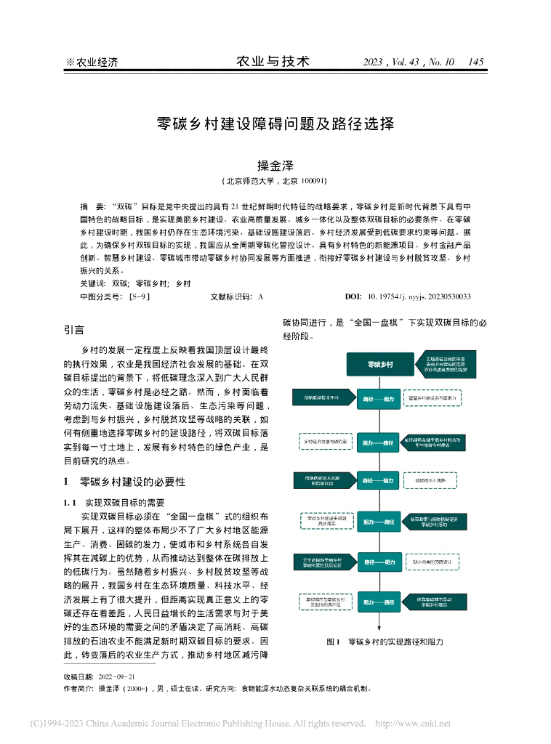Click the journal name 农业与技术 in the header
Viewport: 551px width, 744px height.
274,62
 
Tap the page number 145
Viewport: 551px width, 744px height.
476,62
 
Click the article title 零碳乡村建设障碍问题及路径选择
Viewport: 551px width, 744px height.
275,124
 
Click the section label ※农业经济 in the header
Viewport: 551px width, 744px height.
92,62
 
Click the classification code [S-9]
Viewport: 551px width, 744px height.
138,296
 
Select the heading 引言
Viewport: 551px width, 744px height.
73,330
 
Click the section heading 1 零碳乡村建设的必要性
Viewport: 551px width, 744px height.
124,481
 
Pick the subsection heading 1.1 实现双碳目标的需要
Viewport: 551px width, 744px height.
116,502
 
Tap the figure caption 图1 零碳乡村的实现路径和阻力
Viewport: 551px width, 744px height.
385,642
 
